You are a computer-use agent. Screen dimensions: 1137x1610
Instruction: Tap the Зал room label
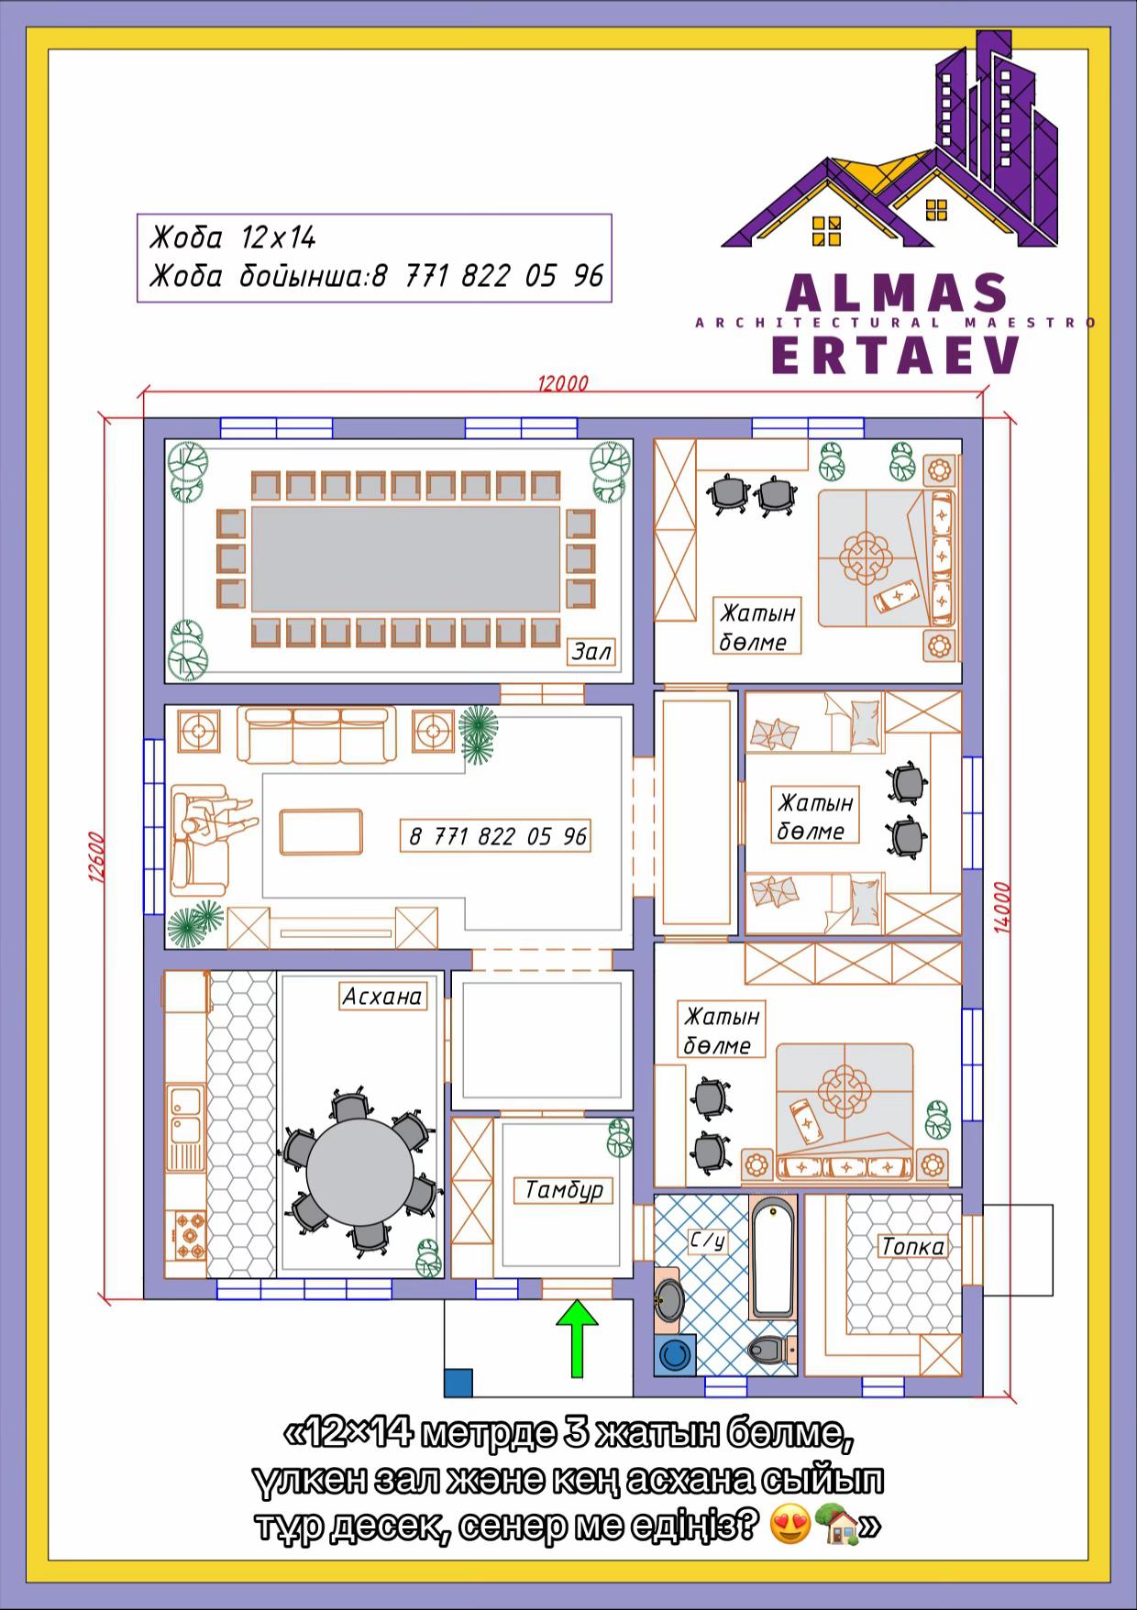tap(591, 651)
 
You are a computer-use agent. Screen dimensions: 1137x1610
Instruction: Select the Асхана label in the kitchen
tap(381, 997)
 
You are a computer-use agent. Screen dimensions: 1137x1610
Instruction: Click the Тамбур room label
tap(564, 1190)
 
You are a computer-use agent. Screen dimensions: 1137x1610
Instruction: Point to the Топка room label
tap(912, 1247)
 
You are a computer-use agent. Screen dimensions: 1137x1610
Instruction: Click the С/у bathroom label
tap(708, 1241)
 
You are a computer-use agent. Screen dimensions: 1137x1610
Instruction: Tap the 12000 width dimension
tap(563, 384)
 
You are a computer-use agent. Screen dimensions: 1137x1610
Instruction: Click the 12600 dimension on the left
tap(96, 857)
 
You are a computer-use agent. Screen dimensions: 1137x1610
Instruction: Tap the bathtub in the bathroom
tap(773, 1258)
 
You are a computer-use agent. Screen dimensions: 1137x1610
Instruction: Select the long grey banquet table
tap(405, 559)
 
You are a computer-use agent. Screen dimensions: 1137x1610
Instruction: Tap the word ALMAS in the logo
tap(896, 292)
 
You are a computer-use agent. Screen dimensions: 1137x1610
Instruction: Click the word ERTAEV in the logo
tap(896, 354)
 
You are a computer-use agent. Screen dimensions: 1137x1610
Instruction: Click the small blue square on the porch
tap(458, 1383)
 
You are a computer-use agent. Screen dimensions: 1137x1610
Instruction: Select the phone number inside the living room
tap(497, 836)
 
